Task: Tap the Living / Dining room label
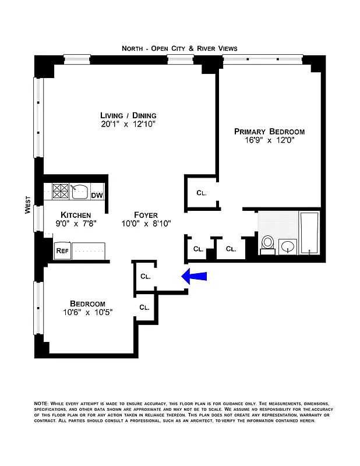[128, 115]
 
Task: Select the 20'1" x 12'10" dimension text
[128, 125]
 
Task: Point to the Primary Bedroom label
[269, 131]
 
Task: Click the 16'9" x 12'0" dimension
[269, 140]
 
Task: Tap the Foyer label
[146, 214]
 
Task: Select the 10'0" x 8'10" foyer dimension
[146, 224]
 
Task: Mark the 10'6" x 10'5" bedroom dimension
[87, 312]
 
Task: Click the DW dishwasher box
[97, 195]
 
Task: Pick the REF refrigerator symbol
[62, 251]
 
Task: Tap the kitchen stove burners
[61, 190]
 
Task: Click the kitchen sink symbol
[79, 190]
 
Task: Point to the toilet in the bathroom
[267, 243]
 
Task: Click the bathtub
[309, 233]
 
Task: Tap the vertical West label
[27, 205]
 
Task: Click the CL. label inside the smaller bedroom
[144, 307]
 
